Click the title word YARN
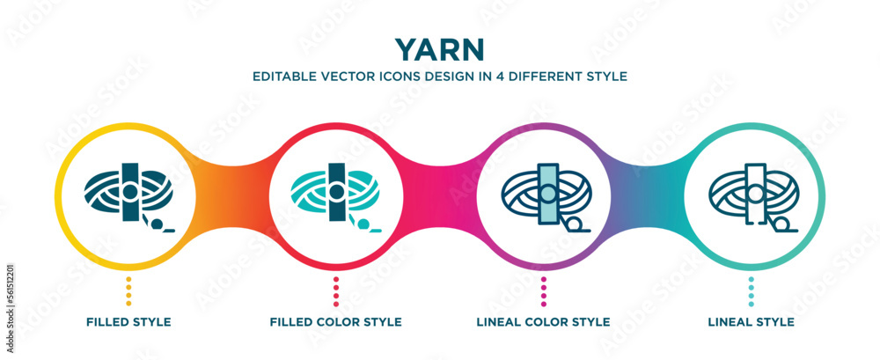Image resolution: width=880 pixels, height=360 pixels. [440, 46]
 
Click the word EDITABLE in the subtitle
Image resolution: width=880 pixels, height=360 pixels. [283, 76]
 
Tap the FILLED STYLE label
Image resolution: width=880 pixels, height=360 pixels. [129, 322]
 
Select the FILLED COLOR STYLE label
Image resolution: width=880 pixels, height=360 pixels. [336, 322]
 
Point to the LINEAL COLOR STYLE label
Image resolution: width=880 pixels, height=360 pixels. [543, 322]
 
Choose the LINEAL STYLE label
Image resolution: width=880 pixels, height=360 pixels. [751, 322]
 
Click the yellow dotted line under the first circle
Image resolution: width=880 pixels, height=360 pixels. [129, 290]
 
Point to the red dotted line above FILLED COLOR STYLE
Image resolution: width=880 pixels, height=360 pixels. [336, 290]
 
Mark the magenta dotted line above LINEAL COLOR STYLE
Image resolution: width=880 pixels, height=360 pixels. [543, 290]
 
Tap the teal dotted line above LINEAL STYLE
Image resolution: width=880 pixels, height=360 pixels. [751, 290]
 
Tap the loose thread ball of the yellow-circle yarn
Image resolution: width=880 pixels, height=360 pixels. [158, 224]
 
